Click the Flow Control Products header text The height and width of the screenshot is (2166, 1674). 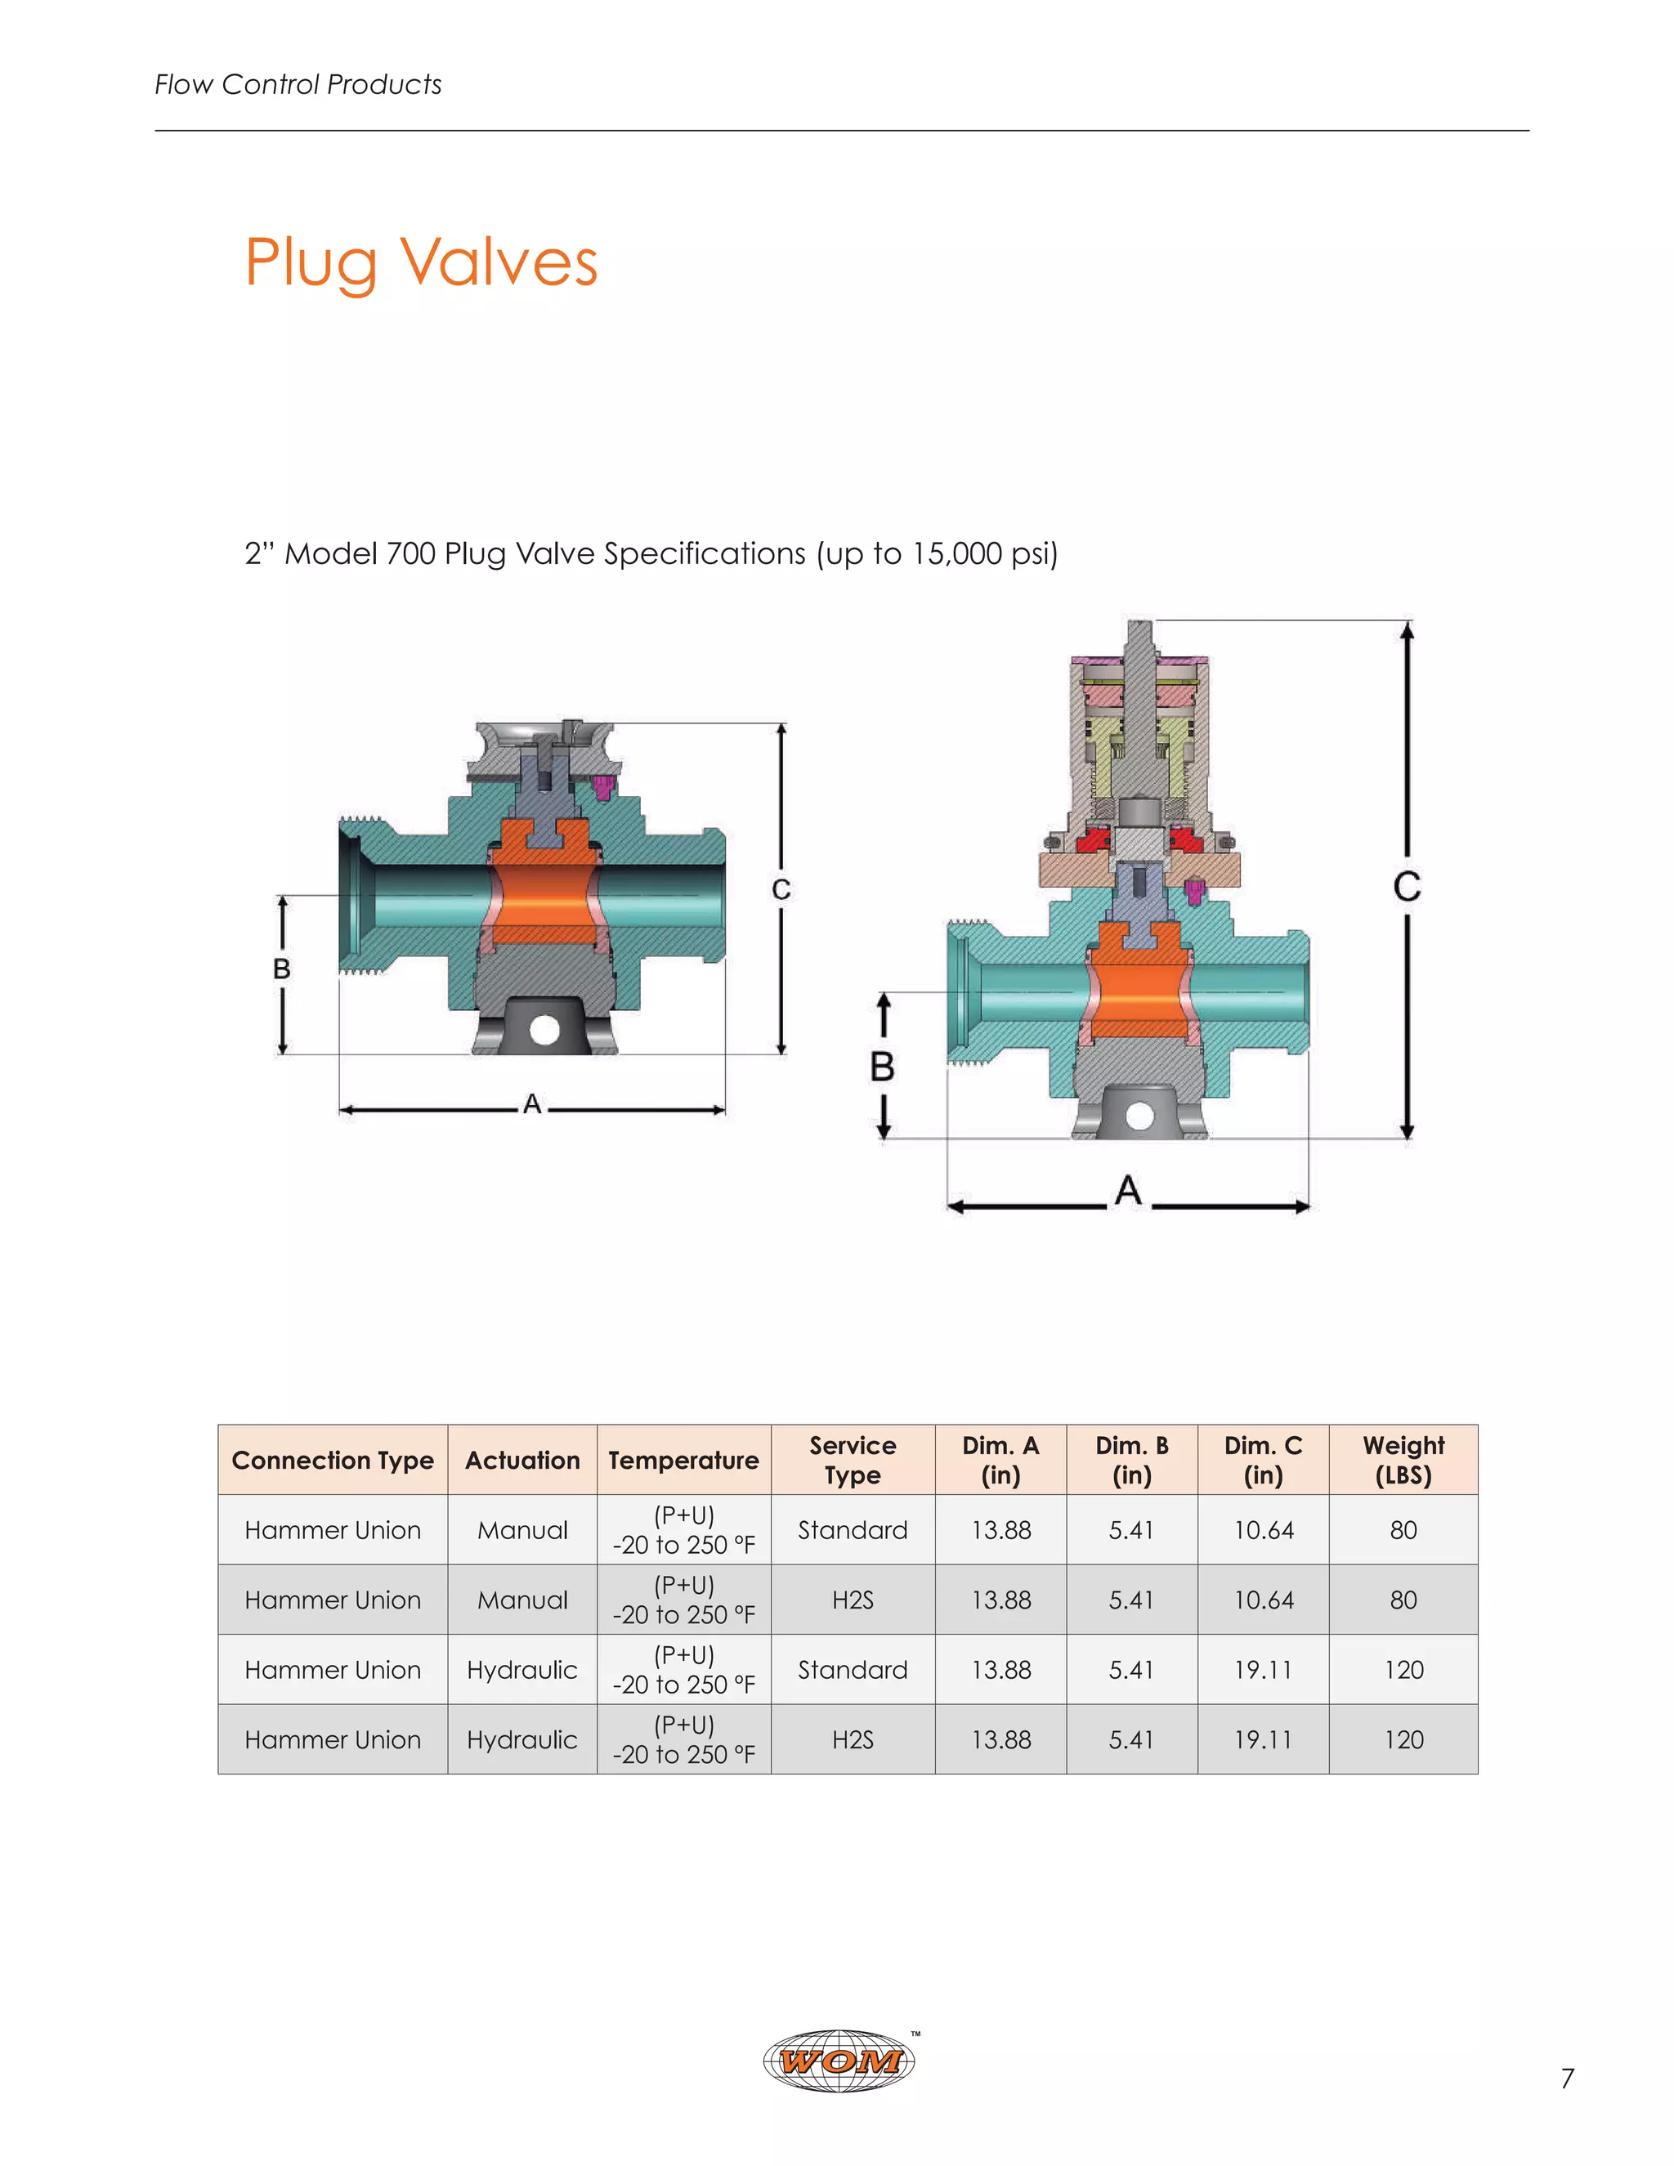(x=298, y=85)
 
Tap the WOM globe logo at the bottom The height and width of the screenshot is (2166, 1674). (x=839, y=2061)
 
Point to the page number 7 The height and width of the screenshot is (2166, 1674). (x=1567, y=2079)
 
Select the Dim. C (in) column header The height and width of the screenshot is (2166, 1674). (x=1262, y=1460)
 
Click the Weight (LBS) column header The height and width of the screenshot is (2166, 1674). (x=1403, y=1460)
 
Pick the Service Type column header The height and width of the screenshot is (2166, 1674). (x=852, y=1460)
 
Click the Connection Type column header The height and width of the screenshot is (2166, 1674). (x=332, y=1461)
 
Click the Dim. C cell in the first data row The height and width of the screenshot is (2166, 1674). (x=1262, y=1530)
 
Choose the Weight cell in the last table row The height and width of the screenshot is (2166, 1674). (x=1403, y=1739)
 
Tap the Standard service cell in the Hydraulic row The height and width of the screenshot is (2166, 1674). (x=852, y=1670)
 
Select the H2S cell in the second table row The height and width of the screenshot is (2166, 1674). (x=852, y=1600)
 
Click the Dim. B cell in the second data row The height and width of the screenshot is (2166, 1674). (x=1131, y=1600)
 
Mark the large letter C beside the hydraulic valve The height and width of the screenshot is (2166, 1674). (x=1406, y=887)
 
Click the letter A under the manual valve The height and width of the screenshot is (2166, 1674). (x=533, y=1103)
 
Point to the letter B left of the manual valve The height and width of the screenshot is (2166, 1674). (x=282, y=969)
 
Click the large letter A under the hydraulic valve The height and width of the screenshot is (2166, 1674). (x=1127, y=1190)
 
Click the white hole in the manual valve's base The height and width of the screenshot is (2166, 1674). (x=544, y=1029)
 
